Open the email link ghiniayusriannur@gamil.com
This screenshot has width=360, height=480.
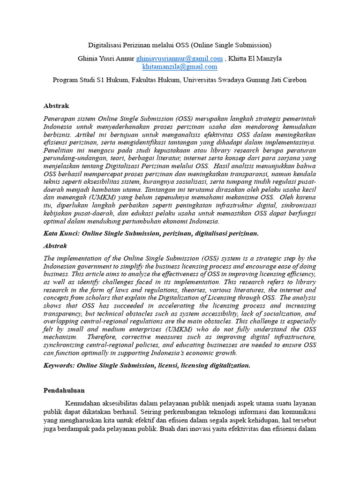click(180, 59)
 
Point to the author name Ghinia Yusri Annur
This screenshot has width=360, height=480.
click(106, 59)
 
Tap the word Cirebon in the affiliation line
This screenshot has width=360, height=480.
click(294, 80)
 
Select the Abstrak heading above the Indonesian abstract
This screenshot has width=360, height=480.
click(56, 106)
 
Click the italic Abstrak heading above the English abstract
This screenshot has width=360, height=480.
click(55, 246)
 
